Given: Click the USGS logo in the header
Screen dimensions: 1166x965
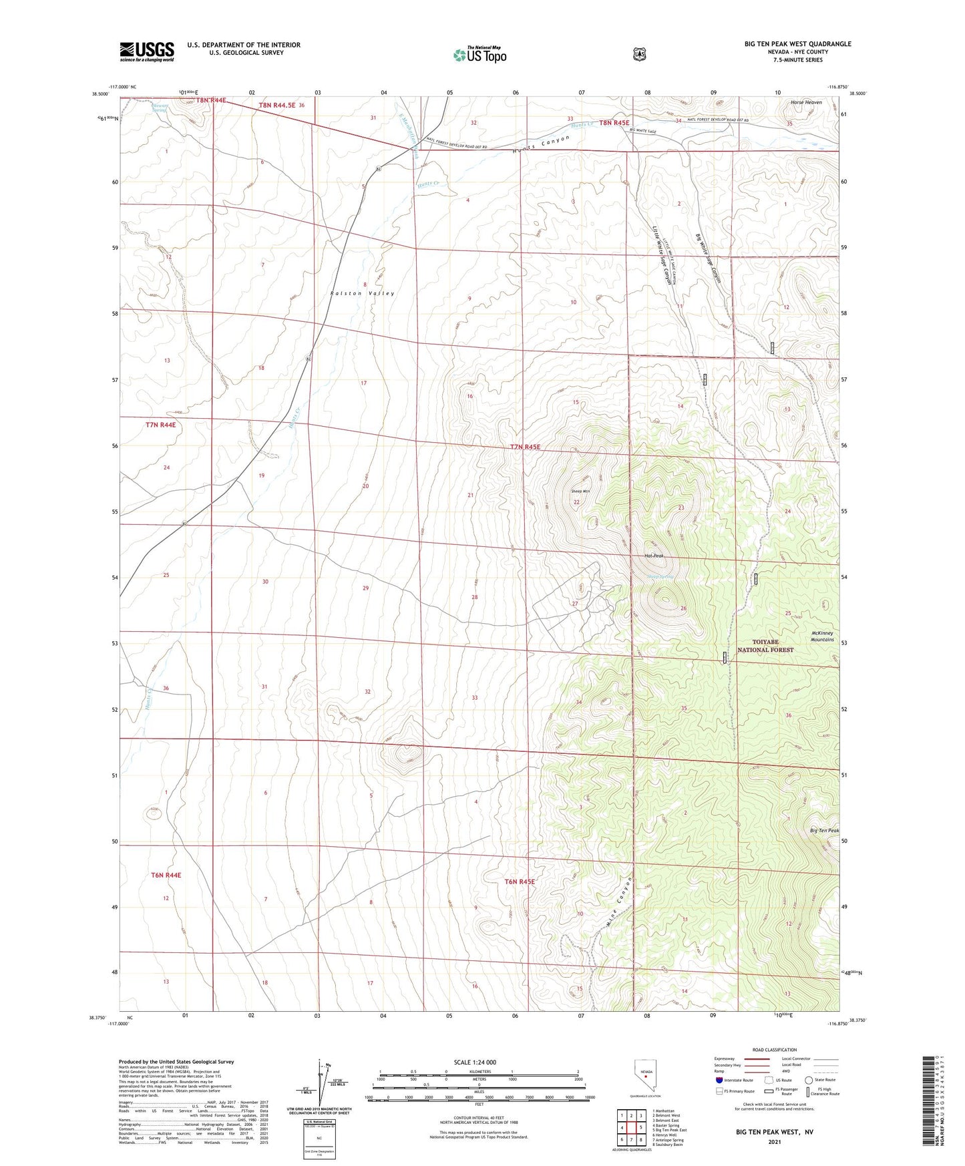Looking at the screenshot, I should coord(147,51).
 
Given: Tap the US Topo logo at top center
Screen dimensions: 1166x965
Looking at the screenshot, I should coord(480,55).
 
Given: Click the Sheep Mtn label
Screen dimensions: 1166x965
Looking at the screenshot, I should coord(580,492).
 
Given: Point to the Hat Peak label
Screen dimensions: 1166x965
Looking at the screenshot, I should coord(654,556).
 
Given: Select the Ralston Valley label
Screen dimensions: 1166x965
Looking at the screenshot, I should coord(363,293).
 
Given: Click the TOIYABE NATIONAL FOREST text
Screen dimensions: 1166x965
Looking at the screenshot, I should coord(765,645).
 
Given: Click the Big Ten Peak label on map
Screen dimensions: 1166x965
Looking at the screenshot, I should coord(824,831).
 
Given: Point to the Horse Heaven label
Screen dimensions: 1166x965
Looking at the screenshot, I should coord(805,102).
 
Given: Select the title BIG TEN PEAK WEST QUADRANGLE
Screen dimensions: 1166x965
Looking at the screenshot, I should coord(797,44).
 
